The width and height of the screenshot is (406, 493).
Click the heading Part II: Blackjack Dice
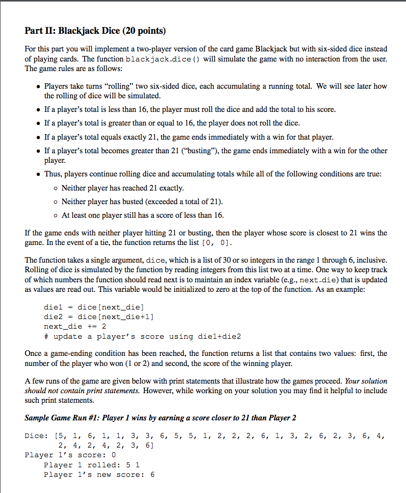[95, 31]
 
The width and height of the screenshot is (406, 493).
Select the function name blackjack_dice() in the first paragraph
[159, 59]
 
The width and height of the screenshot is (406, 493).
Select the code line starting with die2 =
[99, 317]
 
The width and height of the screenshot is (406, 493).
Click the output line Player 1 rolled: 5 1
[92, 465]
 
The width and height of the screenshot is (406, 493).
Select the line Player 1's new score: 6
[99, 475]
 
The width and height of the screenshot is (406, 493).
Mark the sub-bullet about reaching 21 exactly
[122, 188]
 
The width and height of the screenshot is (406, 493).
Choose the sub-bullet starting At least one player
[142, 215]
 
